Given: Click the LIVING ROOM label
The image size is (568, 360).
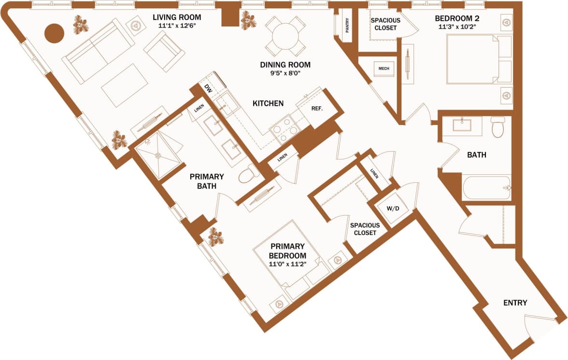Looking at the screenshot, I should coord(174,17).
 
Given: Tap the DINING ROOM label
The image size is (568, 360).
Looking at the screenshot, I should coord(285,65).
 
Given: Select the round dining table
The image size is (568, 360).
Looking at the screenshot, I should coord(286,36).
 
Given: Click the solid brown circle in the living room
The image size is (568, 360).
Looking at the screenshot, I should coord(55,33).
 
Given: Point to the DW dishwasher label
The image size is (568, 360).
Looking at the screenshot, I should coord(208,89).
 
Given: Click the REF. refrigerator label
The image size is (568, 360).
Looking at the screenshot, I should coord(317,109).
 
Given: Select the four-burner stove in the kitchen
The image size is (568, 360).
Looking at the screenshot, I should coord(284,129).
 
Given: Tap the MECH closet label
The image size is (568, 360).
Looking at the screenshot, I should coord(384,69).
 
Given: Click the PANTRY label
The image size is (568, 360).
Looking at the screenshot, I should coord(347,25).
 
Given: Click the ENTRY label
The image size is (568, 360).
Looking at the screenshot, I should coord(515,303).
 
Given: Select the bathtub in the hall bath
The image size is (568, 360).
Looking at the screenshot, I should coord(486,187).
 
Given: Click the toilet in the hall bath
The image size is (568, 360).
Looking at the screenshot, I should coord(497,127).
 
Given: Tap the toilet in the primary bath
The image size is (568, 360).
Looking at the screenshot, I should coord(249,174).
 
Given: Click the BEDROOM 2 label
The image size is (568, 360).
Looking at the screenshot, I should coord(457,19).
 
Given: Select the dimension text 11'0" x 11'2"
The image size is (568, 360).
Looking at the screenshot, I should coord(288,264).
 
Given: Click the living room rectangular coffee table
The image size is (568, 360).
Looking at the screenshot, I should coord(125,85).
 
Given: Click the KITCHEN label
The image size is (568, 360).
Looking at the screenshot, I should coord(268,103).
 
